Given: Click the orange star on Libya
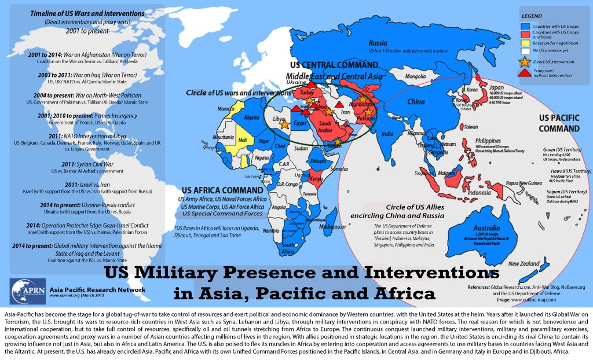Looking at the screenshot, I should (x=284, y=125).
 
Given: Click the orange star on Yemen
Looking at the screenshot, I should (x=338, y=141).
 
